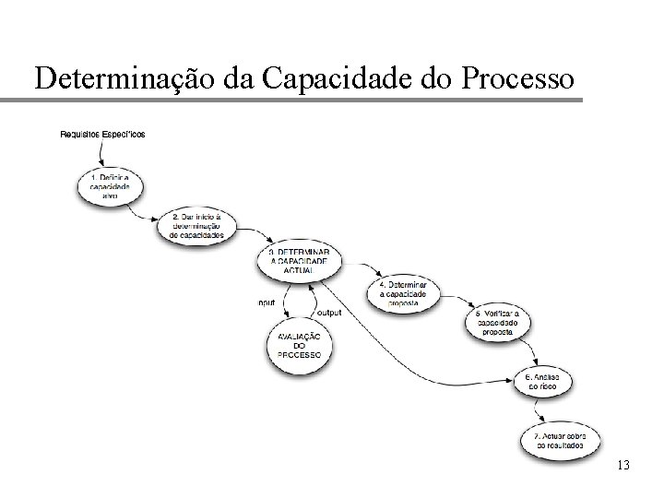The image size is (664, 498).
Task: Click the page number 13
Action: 622,465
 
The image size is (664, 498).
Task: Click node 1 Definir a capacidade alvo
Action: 110,185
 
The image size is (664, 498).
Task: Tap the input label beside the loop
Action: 267,302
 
